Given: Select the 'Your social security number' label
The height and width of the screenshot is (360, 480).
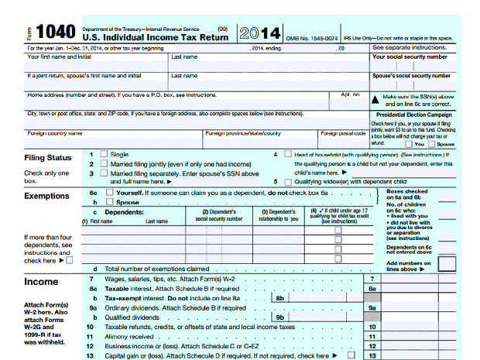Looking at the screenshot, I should [410, 57].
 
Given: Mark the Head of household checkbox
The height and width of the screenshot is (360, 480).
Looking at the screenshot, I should [289, 155].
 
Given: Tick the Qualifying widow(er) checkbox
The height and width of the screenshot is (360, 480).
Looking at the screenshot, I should [289, 182].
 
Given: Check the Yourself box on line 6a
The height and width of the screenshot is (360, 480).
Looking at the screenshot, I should [109, 193].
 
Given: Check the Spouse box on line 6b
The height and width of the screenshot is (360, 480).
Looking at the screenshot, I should [109, 202].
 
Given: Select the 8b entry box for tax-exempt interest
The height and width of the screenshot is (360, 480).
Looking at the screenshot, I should [281, 297].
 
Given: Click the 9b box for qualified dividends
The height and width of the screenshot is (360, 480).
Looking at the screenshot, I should [281, 317].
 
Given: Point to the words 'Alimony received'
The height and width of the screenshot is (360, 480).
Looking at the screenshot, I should [129, 337].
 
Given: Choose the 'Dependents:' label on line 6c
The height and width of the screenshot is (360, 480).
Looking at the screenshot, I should [123, 211].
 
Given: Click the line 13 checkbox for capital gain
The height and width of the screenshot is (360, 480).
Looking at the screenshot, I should [351, 356].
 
